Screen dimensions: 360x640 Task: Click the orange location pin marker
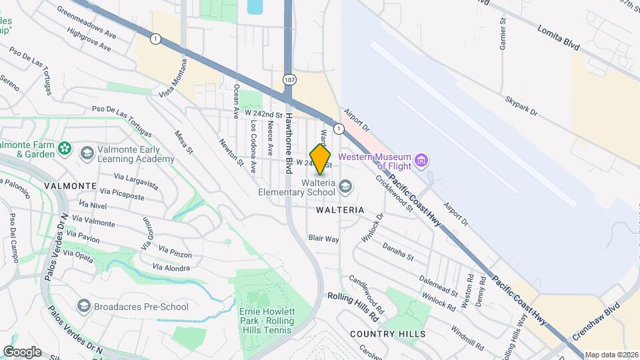coord(321,159)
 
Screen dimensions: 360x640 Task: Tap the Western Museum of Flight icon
coord(421,161)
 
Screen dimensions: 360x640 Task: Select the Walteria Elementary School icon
coord(345,185)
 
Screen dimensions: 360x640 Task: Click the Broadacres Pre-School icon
coord(84,306)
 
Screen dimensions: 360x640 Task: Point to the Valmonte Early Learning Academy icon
coord(87,154)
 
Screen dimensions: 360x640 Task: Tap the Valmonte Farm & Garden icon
coord(65,148)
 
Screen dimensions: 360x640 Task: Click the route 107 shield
coord(289,80)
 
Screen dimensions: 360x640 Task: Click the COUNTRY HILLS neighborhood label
coord(387,333)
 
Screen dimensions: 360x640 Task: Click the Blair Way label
coord(324,238)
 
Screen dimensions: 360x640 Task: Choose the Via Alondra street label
coord(171,267)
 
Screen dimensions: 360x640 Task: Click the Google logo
coord(22,352)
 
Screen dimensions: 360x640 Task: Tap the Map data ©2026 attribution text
coord(611,355)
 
